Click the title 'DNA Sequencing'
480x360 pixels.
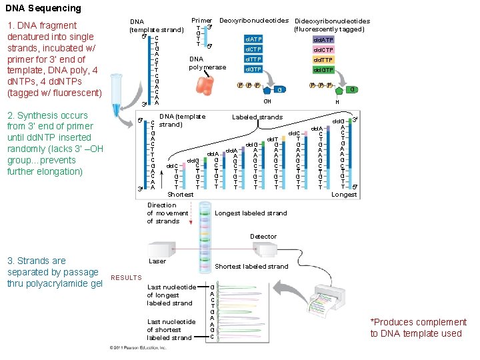click(x=43, y=9)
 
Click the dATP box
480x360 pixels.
click(x=254, y=39)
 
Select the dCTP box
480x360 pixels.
click(x=254, y=49)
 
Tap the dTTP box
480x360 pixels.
click(x=254, y=59)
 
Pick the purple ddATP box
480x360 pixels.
click(x=323, y=39)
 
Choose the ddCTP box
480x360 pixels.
click(x=323, y=49)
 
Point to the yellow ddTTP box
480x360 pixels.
click(x=323, y=59)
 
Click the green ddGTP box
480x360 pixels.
click(x=323, y=69)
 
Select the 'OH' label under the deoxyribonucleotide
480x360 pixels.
click(x=267, y=101)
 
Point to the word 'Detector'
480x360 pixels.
click(x=263, y=237)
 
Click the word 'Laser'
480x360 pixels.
click(x=157, y=261)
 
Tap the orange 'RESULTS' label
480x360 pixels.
click(x=126, y=277)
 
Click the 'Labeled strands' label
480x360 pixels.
click(x=257, y=117)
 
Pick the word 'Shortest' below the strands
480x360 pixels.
click(x=181, y=195)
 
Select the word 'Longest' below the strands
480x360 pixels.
click(x=344, y=195)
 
